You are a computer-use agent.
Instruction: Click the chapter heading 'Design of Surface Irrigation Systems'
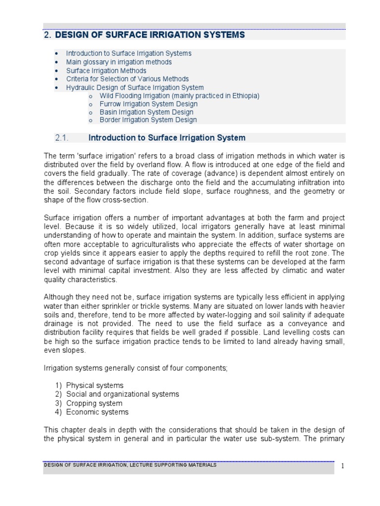[x=150, y=35]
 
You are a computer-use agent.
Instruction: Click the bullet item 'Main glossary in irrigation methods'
[x=119, y=62]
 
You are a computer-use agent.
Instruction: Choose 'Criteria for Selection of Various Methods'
[x=127, y=79]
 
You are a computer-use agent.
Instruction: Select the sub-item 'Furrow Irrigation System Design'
[x=148, y=104]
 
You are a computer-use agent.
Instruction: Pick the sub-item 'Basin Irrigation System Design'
[x=146, y=112]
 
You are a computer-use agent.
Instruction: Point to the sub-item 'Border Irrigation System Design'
[x=148, y=120]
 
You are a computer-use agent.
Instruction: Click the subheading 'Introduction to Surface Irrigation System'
[x=167, y=138]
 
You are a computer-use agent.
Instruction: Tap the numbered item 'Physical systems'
[x=95, y=385]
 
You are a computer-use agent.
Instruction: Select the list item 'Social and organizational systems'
[x=122, y=394]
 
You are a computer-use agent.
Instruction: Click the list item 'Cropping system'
[x=94, y=403]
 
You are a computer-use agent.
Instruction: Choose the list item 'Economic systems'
[x=97, y=412]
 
